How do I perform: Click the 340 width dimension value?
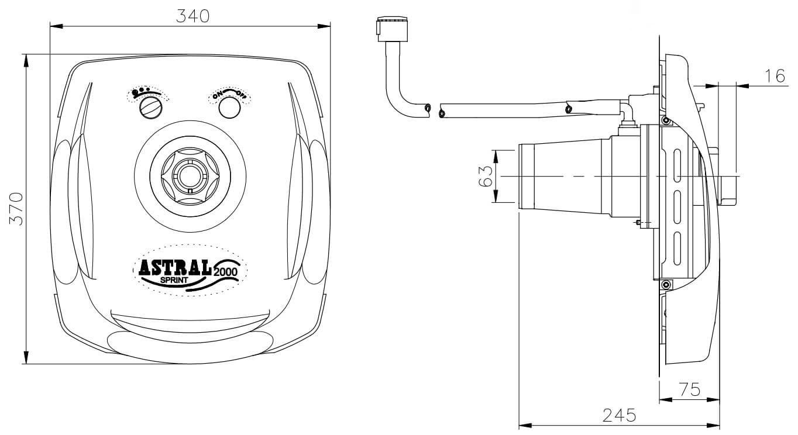point(192,16)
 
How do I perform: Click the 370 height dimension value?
point(16,209)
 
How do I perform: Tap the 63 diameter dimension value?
point(485,177)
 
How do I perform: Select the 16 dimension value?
point(775,76)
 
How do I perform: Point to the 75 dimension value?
point(690,389)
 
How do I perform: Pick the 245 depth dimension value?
point(619,415)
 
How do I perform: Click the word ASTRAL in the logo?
point(175,267)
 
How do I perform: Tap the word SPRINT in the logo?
point(174,280)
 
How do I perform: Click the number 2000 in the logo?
point(225,272)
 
